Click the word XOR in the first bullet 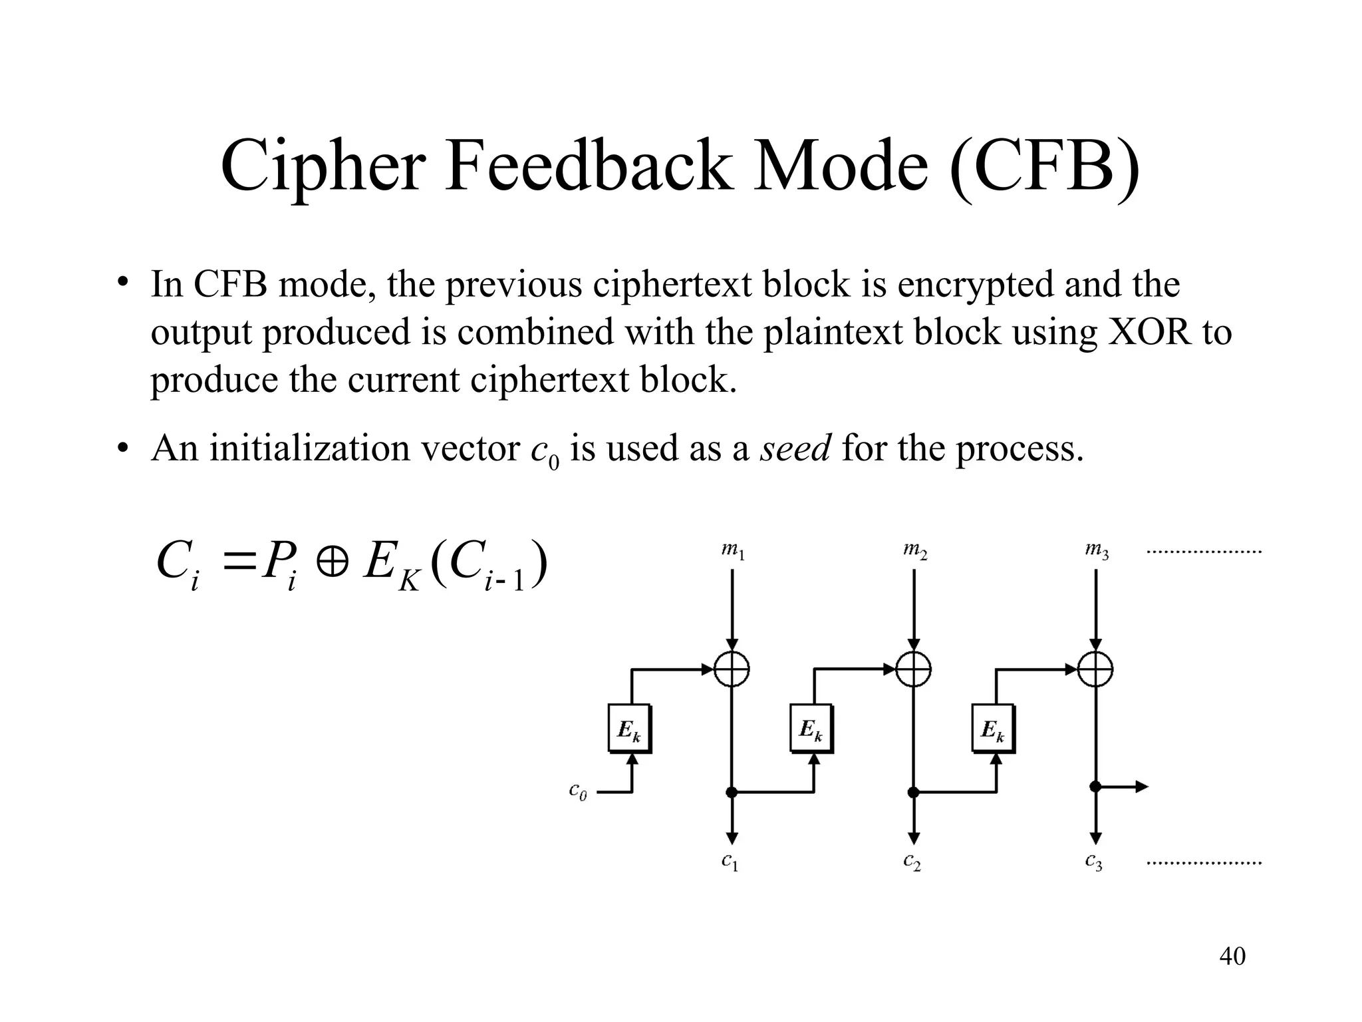click(x=1149, y=331)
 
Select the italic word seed click(x=795, y=448)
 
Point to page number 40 click(x=1232, y=956)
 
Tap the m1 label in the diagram click(x=732, y=551)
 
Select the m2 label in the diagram click(x=914, y=551)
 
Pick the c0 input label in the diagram click(x=578, y=791)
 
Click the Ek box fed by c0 click(x=629, y=729)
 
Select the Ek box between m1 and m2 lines click(x=811, y=729)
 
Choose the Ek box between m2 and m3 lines click(x=993, y=729)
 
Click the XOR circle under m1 click(x=732, y=669)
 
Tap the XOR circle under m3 click(x=1095, y=669)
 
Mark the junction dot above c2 click(x=914, y=792)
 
